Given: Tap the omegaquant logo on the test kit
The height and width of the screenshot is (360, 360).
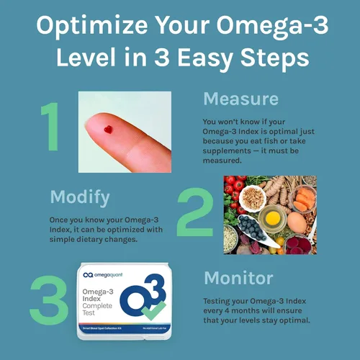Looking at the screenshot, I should tap(107, 274).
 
